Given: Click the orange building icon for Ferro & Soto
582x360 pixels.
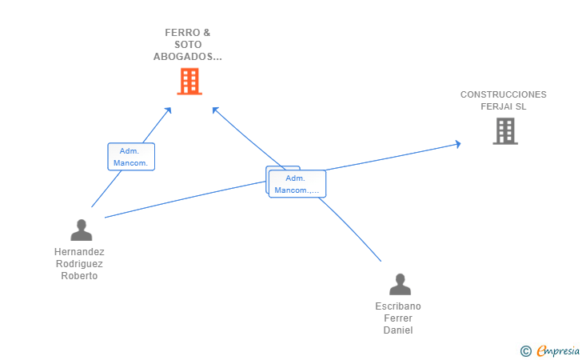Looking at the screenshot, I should (x=189, y=81).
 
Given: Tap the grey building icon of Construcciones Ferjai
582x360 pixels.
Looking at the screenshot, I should (x=505, y=130).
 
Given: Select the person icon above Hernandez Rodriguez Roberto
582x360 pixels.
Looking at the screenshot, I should (x=81, y=230).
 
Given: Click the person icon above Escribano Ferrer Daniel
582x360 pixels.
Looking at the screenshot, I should (x=399, y=284).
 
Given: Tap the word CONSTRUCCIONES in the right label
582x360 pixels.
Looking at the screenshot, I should (x=503, y=94).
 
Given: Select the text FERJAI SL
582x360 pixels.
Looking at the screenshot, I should (x=503, y=106).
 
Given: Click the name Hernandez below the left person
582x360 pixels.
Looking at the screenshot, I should (x=79, y=251).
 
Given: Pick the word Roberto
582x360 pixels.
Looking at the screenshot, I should (x=79, y=276).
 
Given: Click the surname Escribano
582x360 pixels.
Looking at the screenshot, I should (x=398, y=306).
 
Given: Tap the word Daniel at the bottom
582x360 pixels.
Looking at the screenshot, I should (x=398, y=330).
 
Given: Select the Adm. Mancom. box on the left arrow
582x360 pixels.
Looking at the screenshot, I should (x=131, y=157).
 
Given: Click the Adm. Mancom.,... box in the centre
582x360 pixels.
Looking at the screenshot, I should (x=297, y=184).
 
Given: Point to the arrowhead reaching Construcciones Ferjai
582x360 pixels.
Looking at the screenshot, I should (x=457, y=144).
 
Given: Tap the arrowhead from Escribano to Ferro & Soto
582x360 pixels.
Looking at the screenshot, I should (x=215, y=110).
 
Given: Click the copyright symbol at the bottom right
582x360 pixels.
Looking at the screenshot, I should (x=525, y=350).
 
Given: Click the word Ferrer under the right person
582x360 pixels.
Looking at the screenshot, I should (x=398, y=318).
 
